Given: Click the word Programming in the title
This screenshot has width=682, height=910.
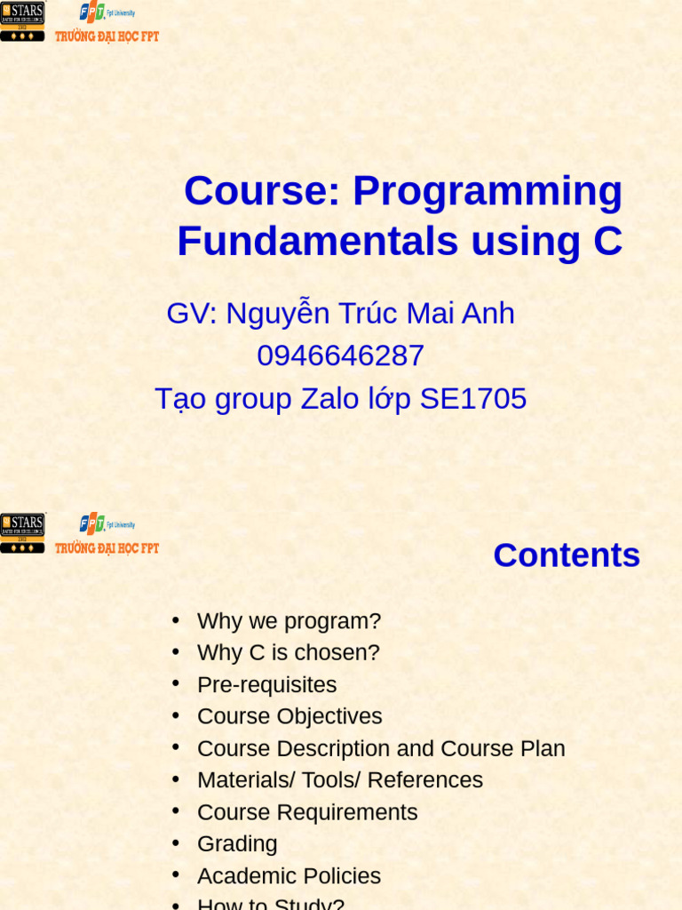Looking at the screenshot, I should [488, 191].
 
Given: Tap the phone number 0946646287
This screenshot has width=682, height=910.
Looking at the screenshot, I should [340, 356].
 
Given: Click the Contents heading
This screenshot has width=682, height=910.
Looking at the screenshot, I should [567, 555].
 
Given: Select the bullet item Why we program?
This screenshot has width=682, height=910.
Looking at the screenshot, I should [289, 621].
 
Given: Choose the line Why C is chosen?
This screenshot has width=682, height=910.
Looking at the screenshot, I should [288, 652].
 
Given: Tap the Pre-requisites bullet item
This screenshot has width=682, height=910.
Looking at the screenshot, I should [266, 685].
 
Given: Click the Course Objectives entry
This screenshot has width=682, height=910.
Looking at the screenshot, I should [289, 716].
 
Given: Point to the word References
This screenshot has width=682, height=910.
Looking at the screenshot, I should [424, 780].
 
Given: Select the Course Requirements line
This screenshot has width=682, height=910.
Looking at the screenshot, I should [307, 812].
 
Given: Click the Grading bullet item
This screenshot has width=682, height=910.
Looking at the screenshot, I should [237, 843].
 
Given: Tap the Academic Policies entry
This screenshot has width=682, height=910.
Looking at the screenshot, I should [289, 876].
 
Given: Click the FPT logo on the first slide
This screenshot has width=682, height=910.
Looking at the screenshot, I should [92, 12].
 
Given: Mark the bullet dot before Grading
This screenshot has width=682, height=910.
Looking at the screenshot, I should [176, 842].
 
